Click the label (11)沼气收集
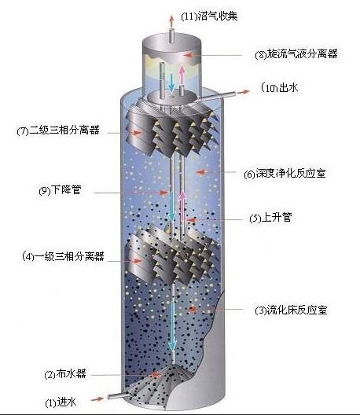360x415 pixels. [209, 17]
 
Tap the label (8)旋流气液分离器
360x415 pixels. [296, 54]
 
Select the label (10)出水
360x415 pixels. [280, 87]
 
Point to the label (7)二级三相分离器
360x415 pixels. [58, 130]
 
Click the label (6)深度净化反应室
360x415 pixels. [285, 174]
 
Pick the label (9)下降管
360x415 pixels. [60, 190]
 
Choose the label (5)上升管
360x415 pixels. [270, 218]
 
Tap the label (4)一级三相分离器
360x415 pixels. [63, 256]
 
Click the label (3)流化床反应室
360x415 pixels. [291, 310]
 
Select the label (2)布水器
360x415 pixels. [65, 374]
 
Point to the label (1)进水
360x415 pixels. [61, 402]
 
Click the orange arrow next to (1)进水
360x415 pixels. [97, 398]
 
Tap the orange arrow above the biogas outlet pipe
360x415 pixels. [171, 21]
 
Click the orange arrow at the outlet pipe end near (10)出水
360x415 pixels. [244, 92]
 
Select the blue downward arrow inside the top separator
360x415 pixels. [171, 82]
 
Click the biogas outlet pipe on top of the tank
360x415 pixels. [171, 35]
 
